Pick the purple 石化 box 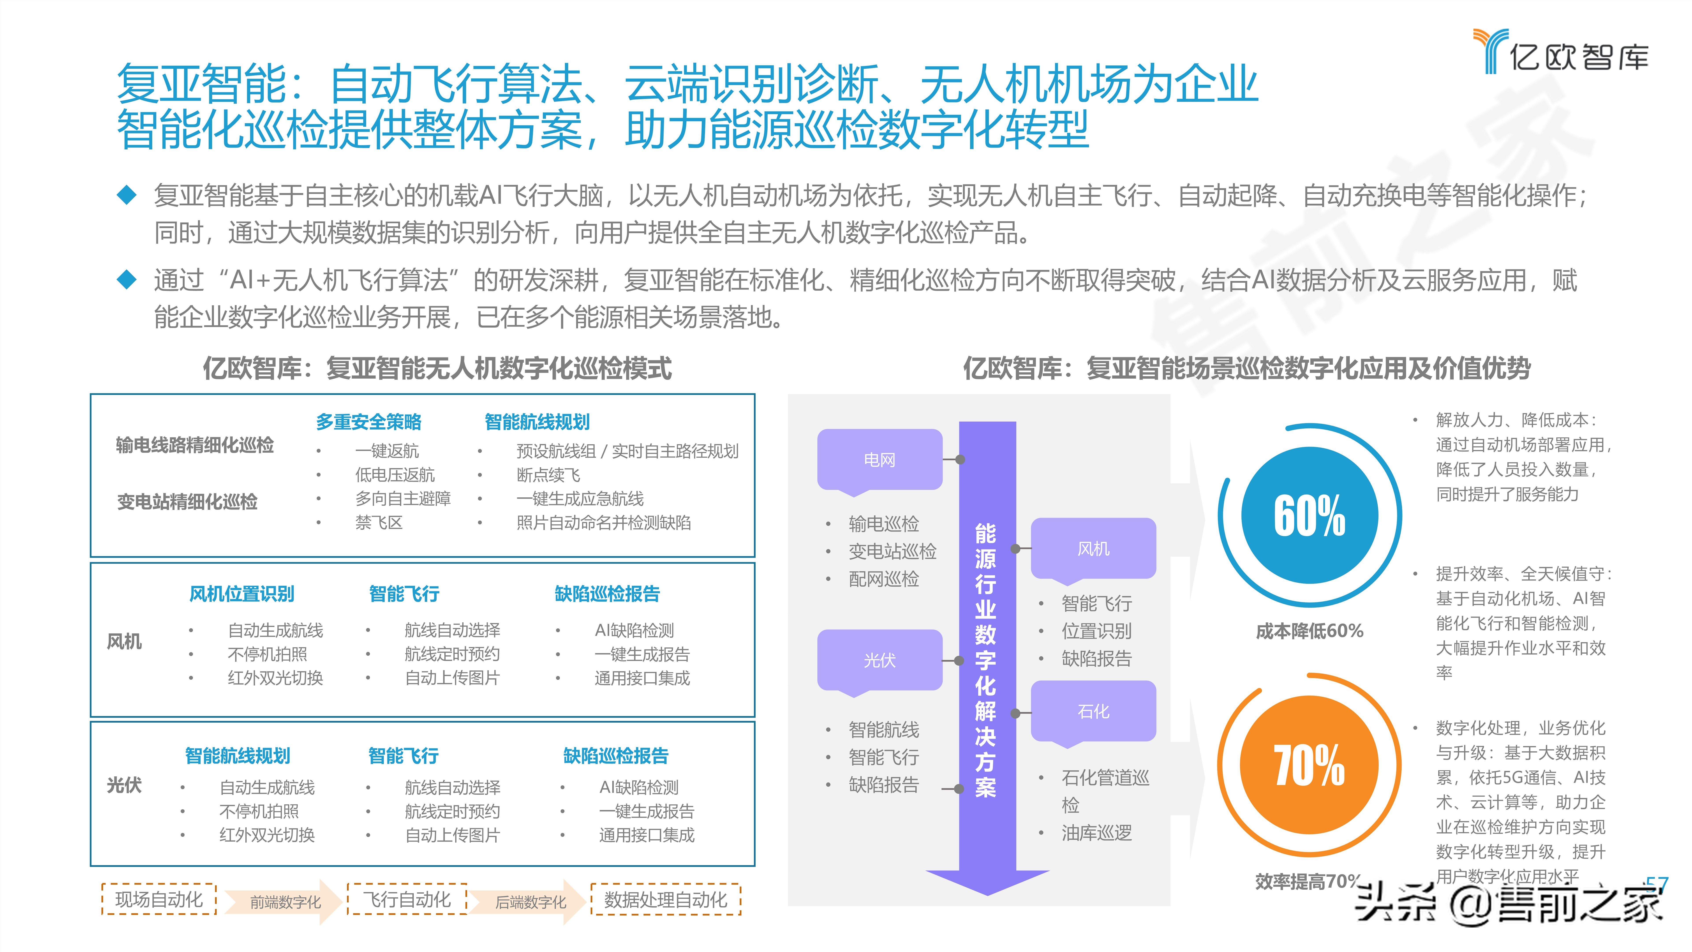1093,711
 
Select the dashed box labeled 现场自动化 159,899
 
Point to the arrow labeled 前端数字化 285,902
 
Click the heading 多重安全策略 369,422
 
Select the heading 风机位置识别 242,594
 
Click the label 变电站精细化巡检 187,502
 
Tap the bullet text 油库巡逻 1096,833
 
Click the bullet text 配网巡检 883,579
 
